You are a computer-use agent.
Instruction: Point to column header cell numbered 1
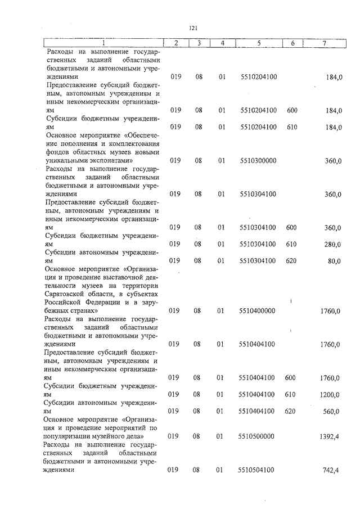point(103,43)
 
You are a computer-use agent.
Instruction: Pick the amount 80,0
point(334,260)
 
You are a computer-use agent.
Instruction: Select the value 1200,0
point(330,395)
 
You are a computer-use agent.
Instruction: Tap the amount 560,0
point(332,411)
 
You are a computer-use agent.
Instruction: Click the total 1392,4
point(330,436)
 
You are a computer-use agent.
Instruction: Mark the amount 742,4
point(332,469)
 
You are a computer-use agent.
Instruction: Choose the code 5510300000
point(258,161)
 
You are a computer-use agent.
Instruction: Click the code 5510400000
point(258,310)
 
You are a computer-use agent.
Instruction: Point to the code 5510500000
point(258,436)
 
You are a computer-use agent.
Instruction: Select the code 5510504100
point(258,469)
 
